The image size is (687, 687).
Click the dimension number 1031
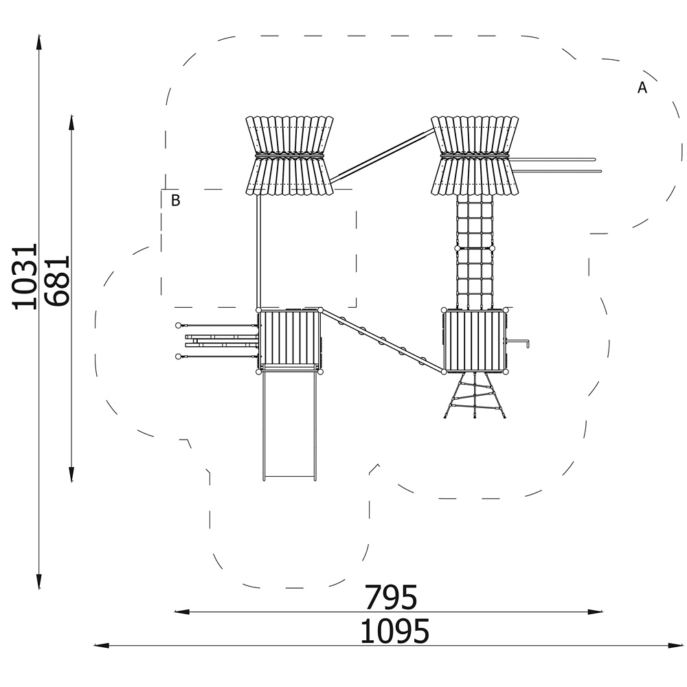(x=23, y=277)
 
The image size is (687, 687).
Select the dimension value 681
(x=57, y=280)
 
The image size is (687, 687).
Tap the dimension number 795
(x=391, y=597)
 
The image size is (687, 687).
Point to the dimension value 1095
(x=394, y=631)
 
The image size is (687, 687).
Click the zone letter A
(x=642, y=88)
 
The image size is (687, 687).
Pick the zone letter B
(x=175, y=200)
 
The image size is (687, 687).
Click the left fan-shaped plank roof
(x=289, y=155)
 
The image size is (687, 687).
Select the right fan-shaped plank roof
(x=475, y=155)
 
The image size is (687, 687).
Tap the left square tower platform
(x=289, y=341)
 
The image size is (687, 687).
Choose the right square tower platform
(x=475, y=341)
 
